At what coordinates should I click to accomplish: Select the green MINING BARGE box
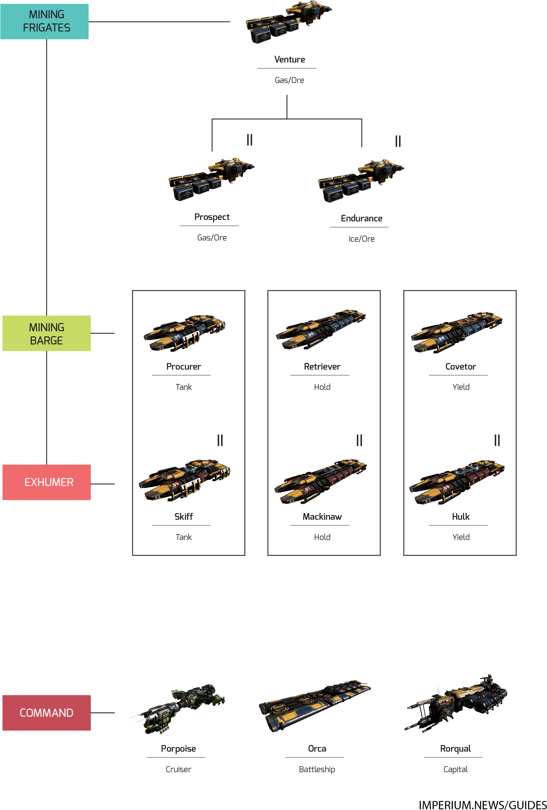click(46, 333)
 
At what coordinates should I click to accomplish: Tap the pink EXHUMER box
click(46, 482)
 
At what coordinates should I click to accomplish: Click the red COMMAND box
click(46, 713)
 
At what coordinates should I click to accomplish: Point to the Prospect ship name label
click(212, 217)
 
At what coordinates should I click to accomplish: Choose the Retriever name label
click(322, 367)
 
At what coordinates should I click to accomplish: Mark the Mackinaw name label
click(322, 517)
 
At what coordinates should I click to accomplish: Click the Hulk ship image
click(456, 483)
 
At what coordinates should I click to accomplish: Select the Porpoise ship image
click(176, 709)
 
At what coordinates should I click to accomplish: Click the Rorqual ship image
click(456, 704)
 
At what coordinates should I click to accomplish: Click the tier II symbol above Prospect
click(249, 140)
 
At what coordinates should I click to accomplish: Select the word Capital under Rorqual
click(455, 769)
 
